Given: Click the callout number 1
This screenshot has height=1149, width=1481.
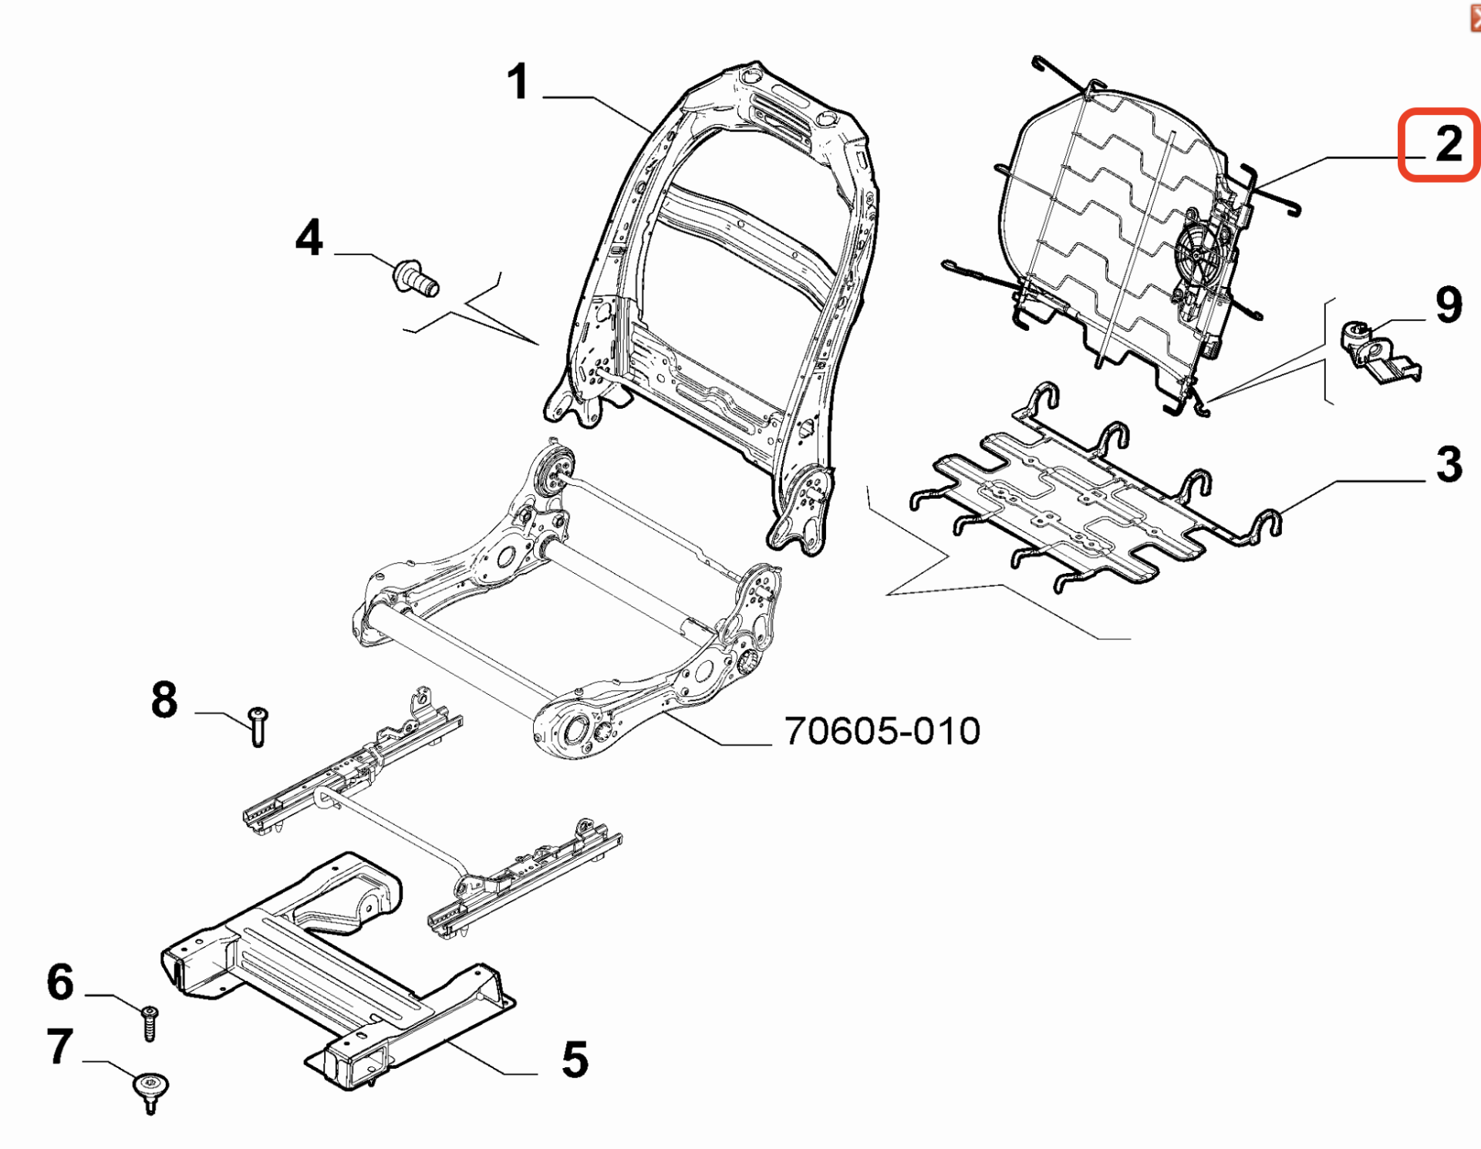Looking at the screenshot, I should pyautogui.click(x=518, y=83).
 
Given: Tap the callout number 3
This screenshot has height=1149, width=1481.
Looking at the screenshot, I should pyautogui.click(x=1449, y=464).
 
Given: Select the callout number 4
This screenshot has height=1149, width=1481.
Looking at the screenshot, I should pyautogui.click(x=309, y=238).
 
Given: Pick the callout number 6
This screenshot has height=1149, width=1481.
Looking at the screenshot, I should pyautogui.click(x=60, y=982).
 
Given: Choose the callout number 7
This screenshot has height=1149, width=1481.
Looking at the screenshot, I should pyautogui.click(x=60, y=1046).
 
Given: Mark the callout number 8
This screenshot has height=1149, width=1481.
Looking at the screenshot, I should pyautogui.click(x=164, y=700).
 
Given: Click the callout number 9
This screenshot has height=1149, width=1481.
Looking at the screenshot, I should pyautogui.click(x=1449, y=305).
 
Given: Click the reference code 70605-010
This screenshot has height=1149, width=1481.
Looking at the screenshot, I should pyautogui.click(x=882, y=731).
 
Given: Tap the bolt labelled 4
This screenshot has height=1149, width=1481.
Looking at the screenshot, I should pyautogui.click(x=416, y=278).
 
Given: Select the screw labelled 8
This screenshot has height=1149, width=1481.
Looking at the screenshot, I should pyautogui.click(x=258, y=727).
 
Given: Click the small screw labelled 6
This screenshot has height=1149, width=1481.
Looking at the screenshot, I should pyautogui.click(x=150, y=1023).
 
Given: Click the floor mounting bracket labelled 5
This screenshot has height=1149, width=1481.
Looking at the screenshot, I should pyautogui.click(x=339, y=972).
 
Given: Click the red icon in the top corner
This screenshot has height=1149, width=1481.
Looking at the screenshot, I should pyautogui.click(x=1475, y=15).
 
